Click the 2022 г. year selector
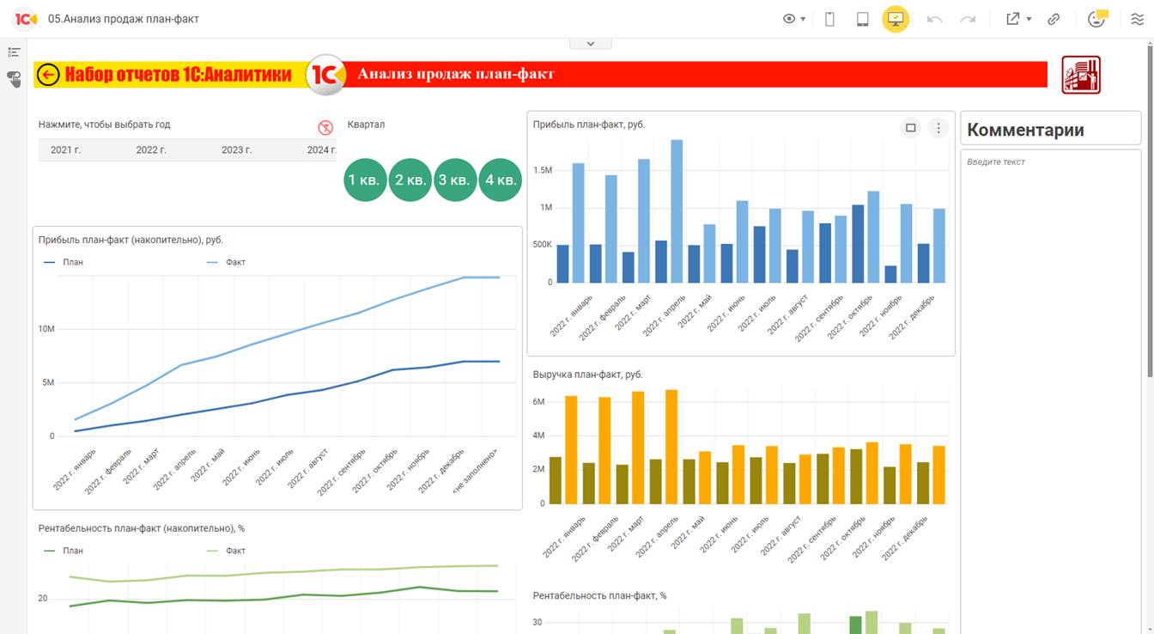pos(151,150)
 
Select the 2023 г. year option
pos(236,150)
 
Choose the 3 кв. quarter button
pos(454,180)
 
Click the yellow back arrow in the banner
pos(49,76)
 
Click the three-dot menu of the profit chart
pos(938,128)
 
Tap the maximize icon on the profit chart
pos(911,128)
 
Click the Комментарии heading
pos(1025,130)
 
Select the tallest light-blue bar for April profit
pos(677,211)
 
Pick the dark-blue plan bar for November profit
pos(890,274)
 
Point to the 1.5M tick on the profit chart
pos(542,170)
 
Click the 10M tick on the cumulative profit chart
pos(46,329)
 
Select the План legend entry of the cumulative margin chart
pos(73,551)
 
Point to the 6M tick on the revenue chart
pos(539,402)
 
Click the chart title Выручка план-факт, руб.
pos(587,375)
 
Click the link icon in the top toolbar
pos(1054,19)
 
